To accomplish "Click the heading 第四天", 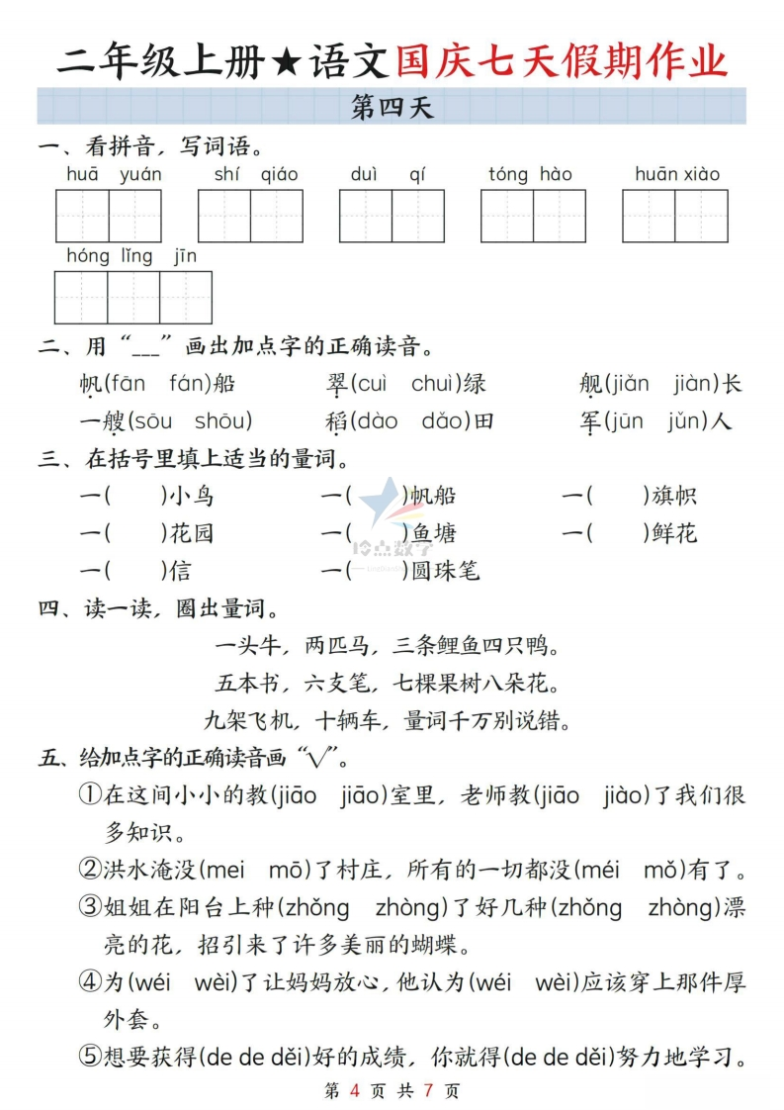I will [x=392, y=107].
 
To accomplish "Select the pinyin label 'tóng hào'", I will [x=530, y=174].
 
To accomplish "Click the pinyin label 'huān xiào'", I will [x=677, y=174].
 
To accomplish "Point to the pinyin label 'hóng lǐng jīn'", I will [x=131, y=256].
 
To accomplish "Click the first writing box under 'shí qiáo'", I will [x=224, y=216].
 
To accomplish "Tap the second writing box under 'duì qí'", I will [x=418, y=216].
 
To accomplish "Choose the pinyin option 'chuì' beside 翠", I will [x=437, y=383].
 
